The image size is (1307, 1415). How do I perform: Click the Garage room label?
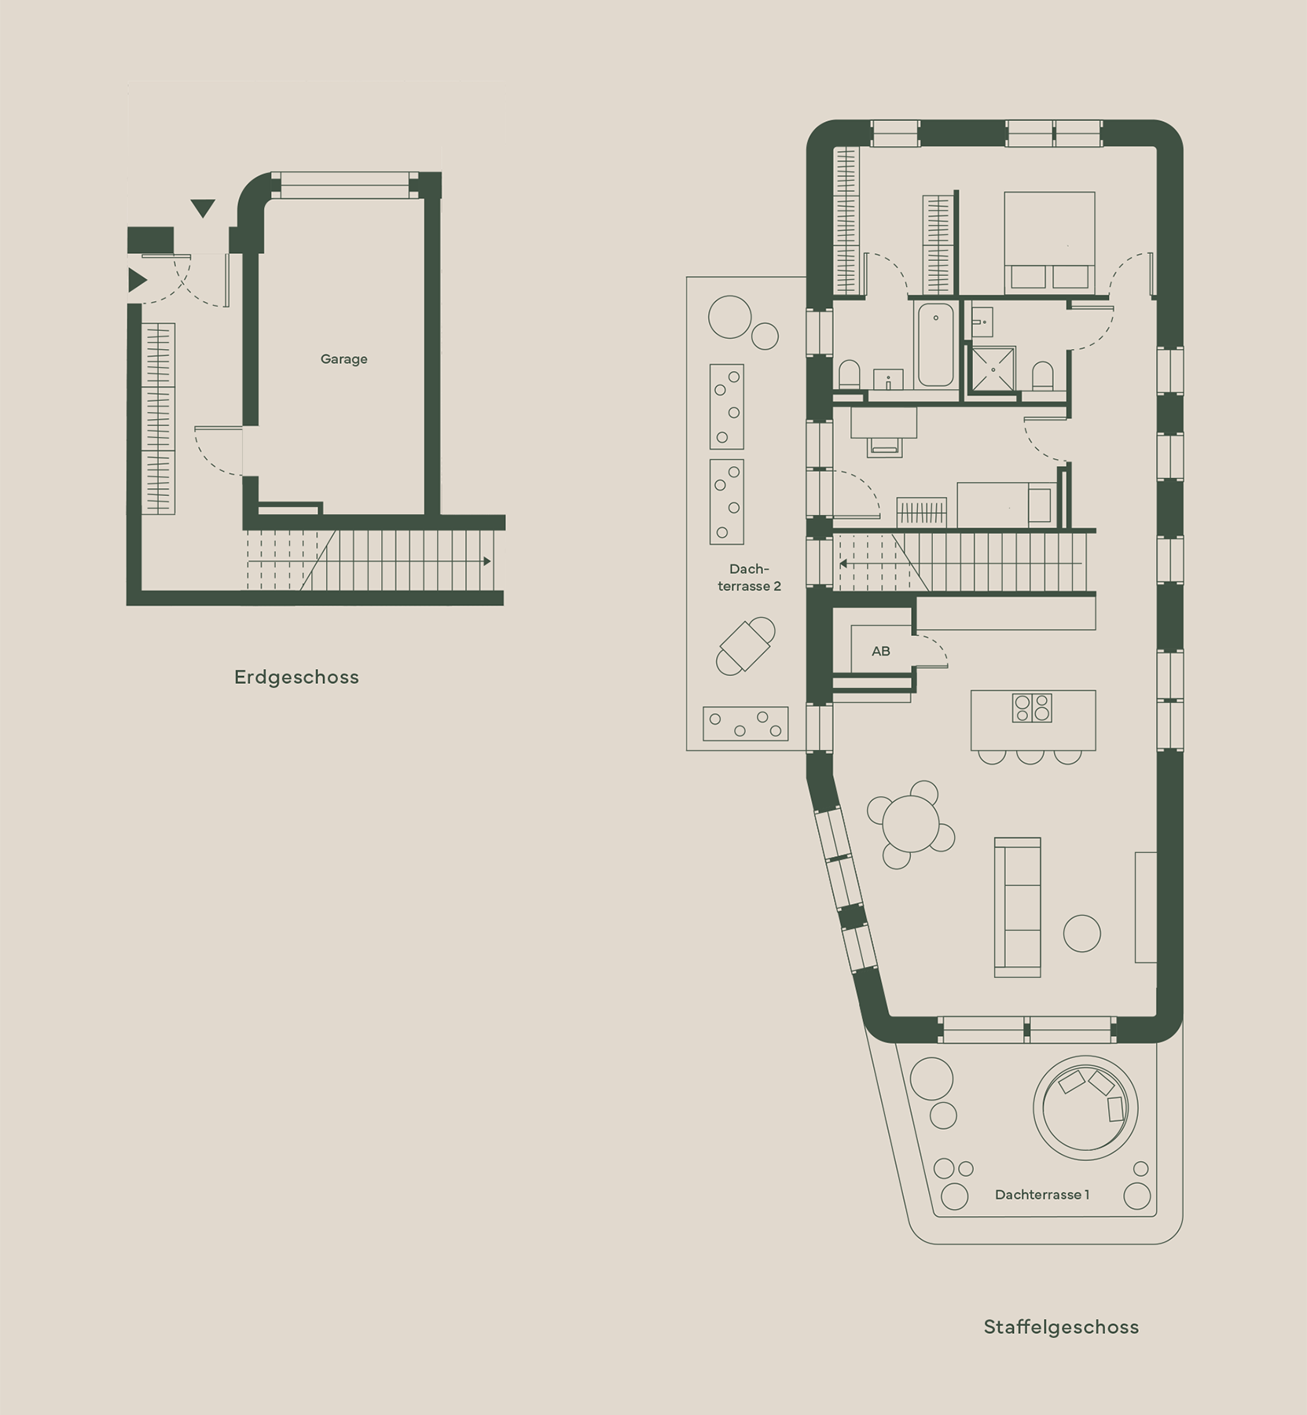[x=343, y=359]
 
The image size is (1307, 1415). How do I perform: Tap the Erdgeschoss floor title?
[x=296, y=677]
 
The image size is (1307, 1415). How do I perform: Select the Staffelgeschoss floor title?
[x=1061, y=1327]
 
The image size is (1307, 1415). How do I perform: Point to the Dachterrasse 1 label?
[x=1041, y=1195]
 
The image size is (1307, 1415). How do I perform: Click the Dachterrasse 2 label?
[x=749, y=578]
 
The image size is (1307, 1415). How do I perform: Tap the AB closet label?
[x=881, y=651]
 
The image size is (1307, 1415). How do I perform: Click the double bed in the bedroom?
[x=1049, y=241]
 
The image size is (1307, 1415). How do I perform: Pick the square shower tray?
[x=993, y=369]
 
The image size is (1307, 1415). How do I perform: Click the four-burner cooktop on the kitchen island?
[x=1032, y=707]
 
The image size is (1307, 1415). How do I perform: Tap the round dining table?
[x=911, y=824]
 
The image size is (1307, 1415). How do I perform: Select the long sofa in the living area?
[x=1018, y=907]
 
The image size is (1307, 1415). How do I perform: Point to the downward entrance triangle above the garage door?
[x=203, y=208]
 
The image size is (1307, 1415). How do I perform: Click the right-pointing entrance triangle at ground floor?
[x=138, y=280]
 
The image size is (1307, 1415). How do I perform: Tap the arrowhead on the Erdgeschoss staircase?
[x=487, y=561]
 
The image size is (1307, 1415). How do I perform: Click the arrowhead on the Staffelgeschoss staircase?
[x=843, y=564]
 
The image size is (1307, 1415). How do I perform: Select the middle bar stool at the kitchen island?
[x=1030, y=756]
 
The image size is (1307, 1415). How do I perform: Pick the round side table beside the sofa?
[x=1081, y=933]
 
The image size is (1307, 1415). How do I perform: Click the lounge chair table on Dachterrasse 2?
[x=745, y=645]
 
